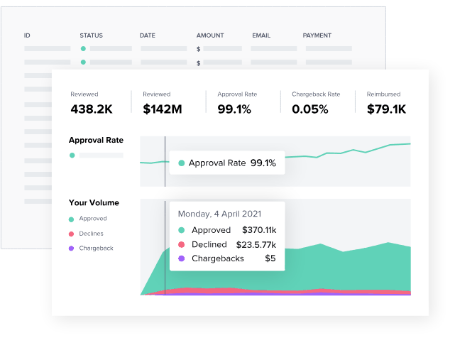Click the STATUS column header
point(91,36)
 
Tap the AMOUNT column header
point(210,36)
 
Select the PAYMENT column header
point(317,36)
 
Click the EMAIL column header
point(261,36)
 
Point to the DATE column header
point(148,36)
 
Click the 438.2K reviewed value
point(92,109)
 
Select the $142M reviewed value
point(163,109)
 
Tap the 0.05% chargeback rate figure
point(310,109)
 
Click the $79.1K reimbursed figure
point(386,109)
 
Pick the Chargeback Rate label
point(316,94)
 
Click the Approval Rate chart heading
point(96,140)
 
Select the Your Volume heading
point(94,202)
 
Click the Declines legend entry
point(91,234)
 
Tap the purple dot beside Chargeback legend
point(72,249)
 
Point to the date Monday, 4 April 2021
point(219,214)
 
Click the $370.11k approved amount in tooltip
point(259,230)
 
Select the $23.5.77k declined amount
point(256,245)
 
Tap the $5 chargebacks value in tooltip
point(270,258)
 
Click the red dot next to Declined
point(182,244)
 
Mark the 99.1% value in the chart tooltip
point(263,163)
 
